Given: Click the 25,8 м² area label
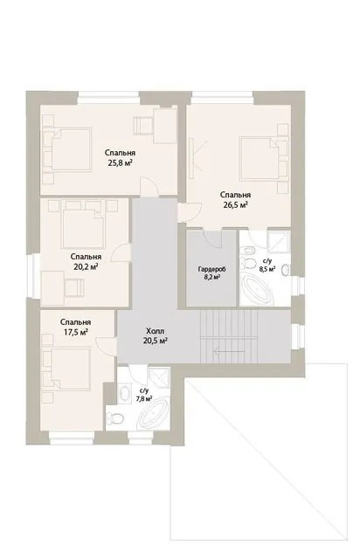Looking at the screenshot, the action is point(120,163).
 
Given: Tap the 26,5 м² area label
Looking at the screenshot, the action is point(235,205).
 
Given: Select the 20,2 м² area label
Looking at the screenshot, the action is point(86,267).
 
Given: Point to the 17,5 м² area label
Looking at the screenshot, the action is point(76,332).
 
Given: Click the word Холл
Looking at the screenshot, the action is point(156,331).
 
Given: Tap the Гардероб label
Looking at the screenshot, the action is point(212,269).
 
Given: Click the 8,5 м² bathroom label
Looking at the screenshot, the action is point(267,269).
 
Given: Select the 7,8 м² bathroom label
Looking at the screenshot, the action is point(144,398).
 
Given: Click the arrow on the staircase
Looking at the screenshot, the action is point(229,351).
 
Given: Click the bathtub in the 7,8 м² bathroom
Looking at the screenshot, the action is point(153,412).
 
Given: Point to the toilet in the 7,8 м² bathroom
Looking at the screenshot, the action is point(114,418).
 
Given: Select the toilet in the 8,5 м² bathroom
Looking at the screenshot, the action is point(249,264).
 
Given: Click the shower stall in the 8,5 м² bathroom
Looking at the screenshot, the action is point(279,241).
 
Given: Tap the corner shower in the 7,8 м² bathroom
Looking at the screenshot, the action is point(159,376).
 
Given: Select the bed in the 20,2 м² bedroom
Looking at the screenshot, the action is point(84,227).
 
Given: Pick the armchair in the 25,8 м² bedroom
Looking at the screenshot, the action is point(142,126).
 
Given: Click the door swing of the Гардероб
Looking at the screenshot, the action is point(213,238).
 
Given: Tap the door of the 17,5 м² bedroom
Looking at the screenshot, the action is point(106,345).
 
